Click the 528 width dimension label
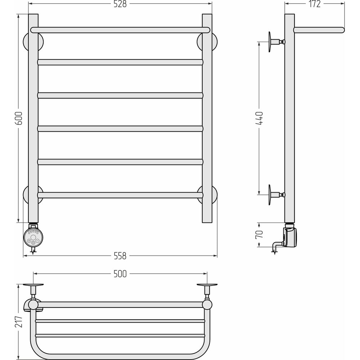tap(120, 4)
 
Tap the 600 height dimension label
tap(19, 118)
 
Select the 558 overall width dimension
tap(120, 256)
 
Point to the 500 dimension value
tap(120, 274)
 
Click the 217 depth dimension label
tap(19, 321)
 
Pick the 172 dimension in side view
tap(314, 4)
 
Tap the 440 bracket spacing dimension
tap(259, 118)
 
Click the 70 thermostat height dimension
tap(259, 234)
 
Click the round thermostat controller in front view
tap(33, 237)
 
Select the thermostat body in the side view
tap(290, 236)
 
